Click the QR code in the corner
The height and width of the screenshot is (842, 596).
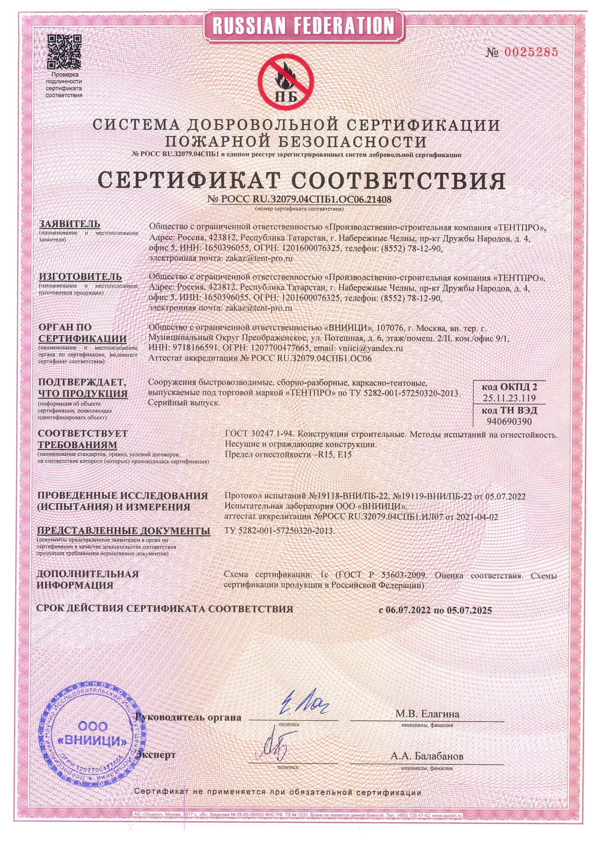point(64,52)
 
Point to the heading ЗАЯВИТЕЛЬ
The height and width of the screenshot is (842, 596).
point(70,224)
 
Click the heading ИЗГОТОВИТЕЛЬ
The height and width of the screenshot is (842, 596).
point(80,277)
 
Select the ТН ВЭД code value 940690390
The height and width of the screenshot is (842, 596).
point(509,421)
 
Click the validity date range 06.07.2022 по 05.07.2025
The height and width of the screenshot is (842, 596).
point(435,610)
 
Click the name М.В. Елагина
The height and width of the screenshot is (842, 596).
point(427,714)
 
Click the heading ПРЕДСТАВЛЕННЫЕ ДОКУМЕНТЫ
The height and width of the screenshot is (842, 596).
point(124,531)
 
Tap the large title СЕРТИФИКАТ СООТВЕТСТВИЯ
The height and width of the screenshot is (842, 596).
point(302,180)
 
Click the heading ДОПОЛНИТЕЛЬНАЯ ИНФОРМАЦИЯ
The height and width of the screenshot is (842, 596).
point(88,580)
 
